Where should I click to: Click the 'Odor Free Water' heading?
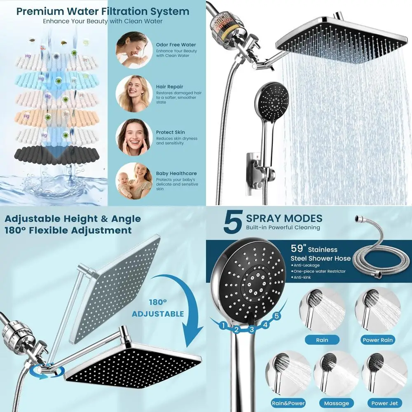[176, 44]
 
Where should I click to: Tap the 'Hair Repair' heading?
[169, 87]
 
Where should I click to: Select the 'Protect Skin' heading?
[170, 132]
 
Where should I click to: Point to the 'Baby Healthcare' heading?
[176, 173]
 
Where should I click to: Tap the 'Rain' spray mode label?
[322, 340]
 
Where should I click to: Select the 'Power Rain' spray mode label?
[378, 340]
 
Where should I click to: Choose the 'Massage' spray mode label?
[337, 403]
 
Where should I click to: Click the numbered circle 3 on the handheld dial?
[250, 329]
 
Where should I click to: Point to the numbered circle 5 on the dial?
[276, 316]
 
